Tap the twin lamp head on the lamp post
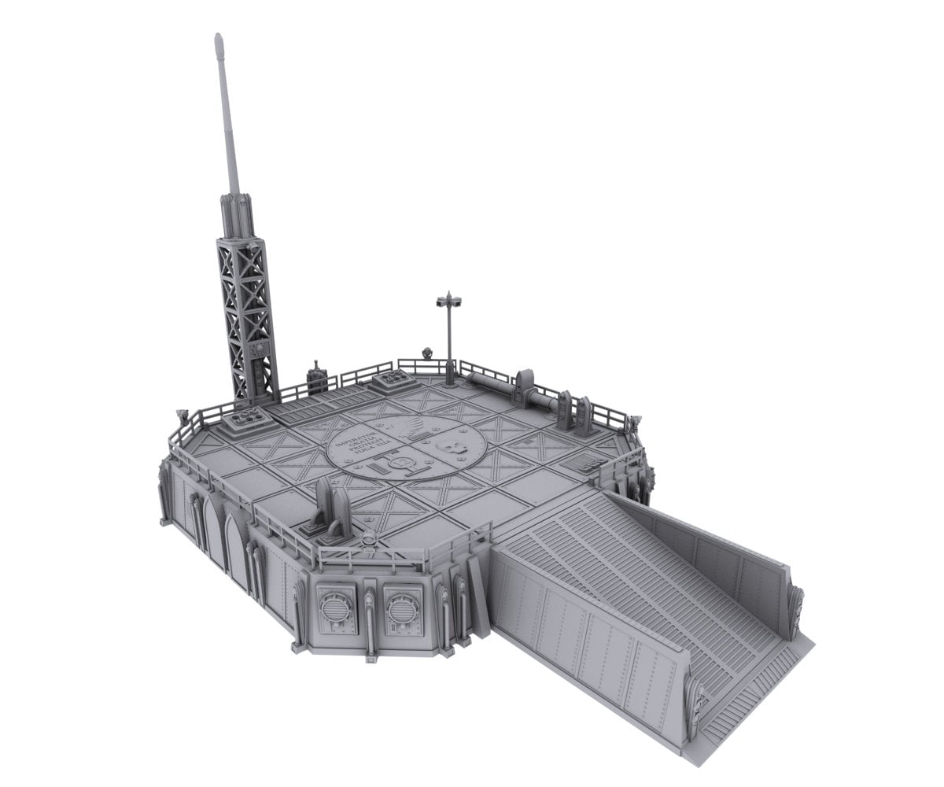448,299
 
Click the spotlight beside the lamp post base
428,353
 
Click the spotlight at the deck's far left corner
183,412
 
